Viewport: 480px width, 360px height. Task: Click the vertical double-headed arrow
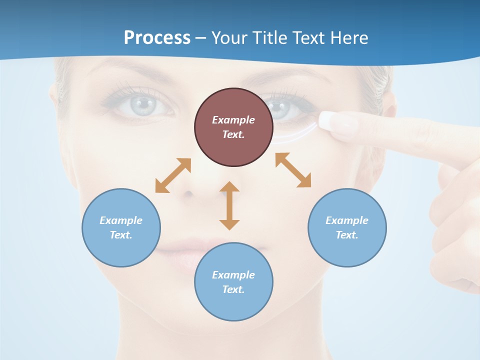point(229,205)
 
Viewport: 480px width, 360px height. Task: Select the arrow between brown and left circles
point(173,175)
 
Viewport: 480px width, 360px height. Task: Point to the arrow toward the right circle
point(293,170)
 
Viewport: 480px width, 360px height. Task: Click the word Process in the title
point(157,37)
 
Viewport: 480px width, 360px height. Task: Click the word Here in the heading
point(348,37)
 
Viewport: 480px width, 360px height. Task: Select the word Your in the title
point(229,37)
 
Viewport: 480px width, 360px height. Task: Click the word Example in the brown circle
point(233,120)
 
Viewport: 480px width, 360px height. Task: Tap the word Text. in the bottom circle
point(233,289)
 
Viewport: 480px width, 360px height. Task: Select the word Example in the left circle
point(121,220)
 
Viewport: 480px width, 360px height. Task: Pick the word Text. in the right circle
point(347,235)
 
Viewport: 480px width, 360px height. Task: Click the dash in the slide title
point(200,38)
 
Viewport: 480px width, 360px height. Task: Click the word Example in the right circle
point(347,220)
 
